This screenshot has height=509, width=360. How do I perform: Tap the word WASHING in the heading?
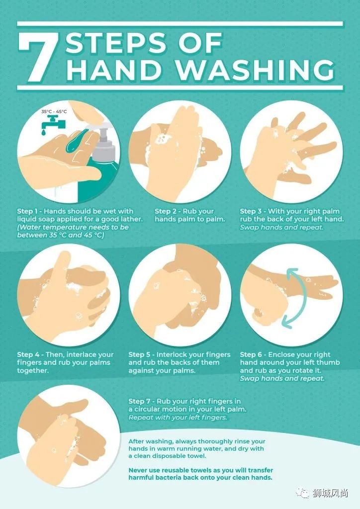(256, 70)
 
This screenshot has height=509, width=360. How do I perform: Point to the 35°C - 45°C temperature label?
(54, 112)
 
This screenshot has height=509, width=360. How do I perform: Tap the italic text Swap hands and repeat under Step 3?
(282, 227)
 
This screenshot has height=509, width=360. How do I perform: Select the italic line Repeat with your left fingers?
(178, 418)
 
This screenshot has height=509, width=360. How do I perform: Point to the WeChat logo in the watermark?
(302, 494)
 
